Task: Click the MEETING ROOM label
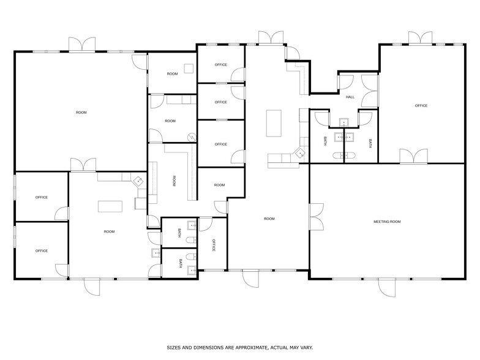(387, 221)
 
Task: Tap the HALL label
(350, 97)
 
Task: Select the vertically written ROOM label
(174, 181)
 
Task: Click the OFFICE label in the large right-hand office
(421, 106)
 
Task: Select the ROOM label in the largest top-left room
(81, 113)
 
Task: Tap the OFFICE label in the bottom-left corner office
(42, 250)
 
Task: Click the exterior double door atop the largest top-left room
(82, 45)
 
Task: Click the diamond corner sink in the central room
(300, 154)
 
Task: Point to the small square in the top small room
(189, 69)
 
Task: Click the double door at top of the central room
(270, 38)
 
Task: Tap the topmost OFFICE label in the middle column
(220, 65)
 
